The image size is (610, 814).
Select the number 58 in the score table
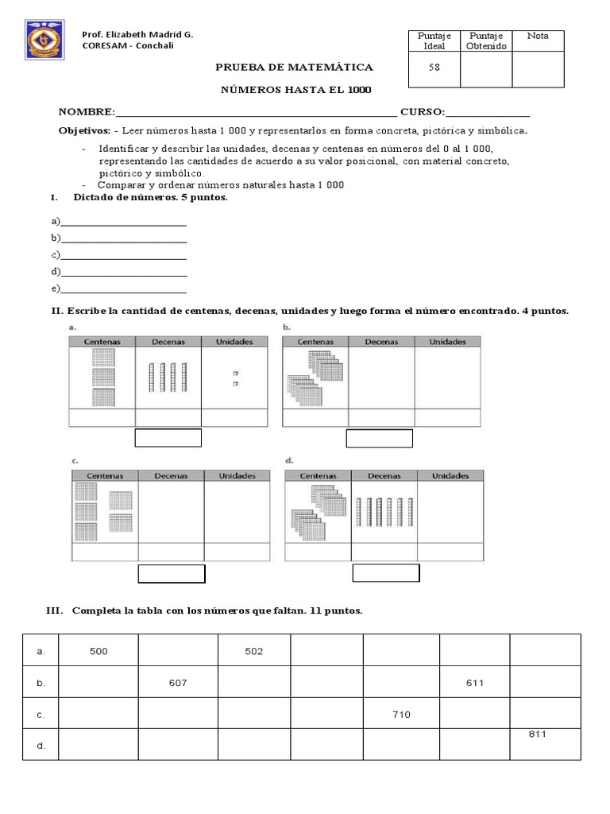434,68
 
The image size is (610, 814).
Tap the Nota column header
538,37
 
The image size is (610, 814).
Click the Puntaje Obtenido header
486,41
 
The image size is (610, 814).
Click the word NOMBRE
87,111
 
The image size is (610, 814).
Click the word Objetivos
84,130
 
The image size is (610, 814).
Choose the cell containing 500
99,651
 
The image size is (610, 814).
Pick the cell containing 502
252,651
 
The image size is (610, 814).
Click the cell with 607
178,683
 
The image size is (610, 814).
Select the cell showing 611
475,683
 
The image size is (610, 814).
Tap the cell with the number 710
401,715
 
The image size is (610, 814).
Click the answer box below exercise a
168,438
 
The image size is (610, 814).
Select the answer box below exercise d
386,574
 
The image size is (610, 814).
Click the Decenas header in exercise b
381,342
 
